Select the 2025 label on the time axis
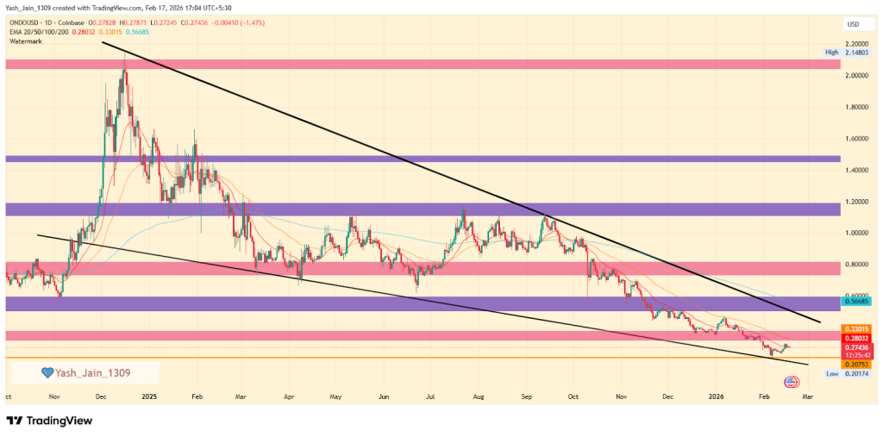pos(149,396)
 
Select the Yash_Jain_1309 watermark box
pos(84,372)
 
